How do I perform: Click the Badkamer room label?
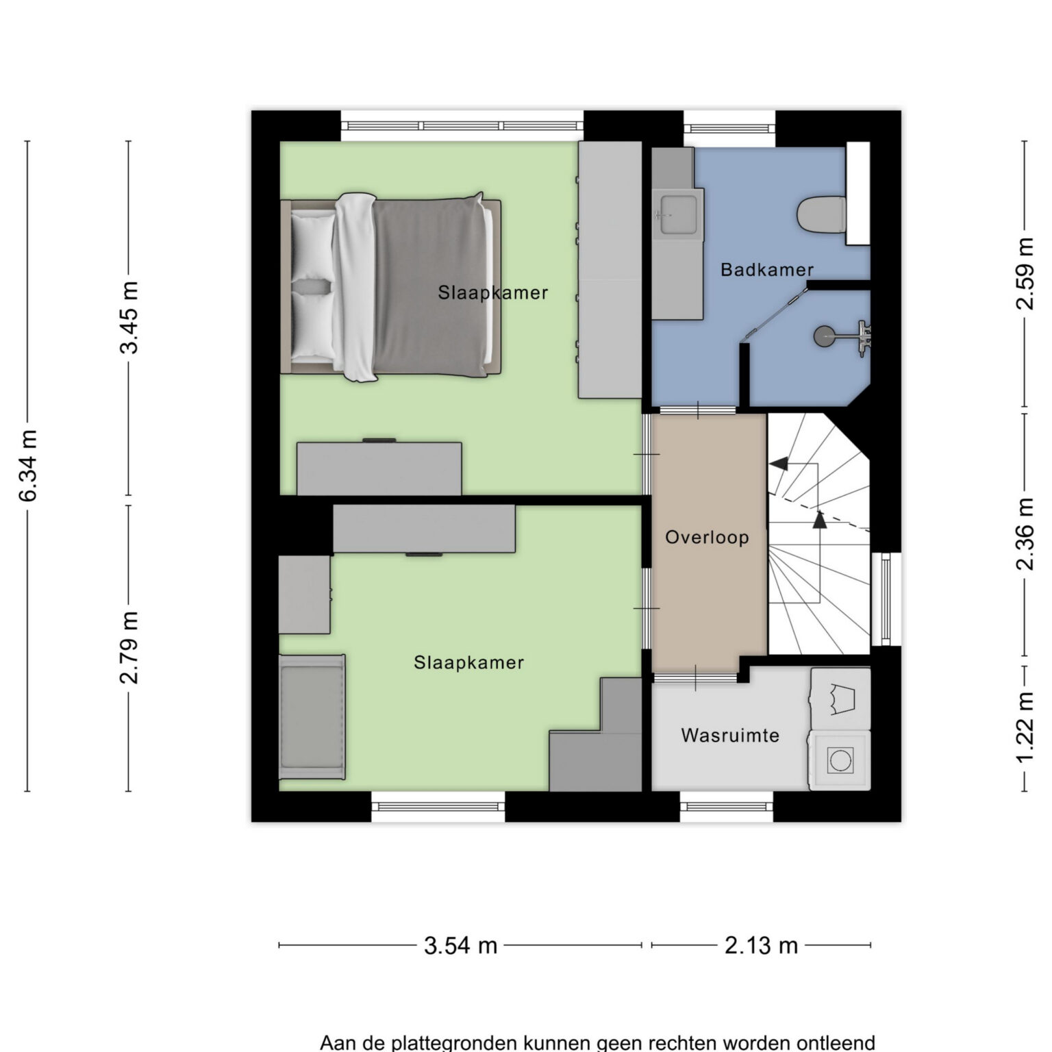pyautogui.click(x=766, y=270)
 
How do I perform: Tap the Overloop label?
pyautogui.click(x=707, y=537)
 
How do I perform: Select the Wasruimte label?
pyautogui.click(x=730, y=736)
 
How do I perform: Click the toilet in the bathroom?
pyautogui.click(x=823, y=214)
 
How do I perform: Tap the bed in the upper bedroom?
pyautogui.click(x=390, y=286)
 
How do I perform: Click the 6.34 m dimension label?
pyautogui.click(x=28, y=466)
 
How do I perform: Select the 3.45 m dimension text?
pyautogui.click(x=129, y=317)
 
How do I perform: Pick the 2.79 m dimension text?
pyautogui.click(x=129, y=647)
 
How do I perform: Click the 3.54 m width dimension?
pyautogui.click(x=460, y=945)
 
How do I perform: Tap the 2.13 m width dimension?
pyautogui.click(x=761, y=945)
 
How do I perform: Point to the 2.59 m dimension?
pyautogui.click(x=1025, y=273)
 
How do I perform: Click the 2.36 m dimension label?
pyautogui.click(x=1025, y=534)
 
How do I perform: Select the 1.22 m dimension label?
pyautogui.click(x=1025, y=727)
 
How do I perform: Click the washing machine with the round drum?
pyautogui.click(x=840, y=760)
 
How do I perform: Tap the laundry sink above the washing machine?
pyautogui.click(x=841, y=699)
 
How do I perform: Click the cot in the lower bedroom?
pyautogui.click(x=312, y=717)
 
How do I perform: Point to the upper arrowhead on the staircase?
pyautogui.click(x=778, y=464)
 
